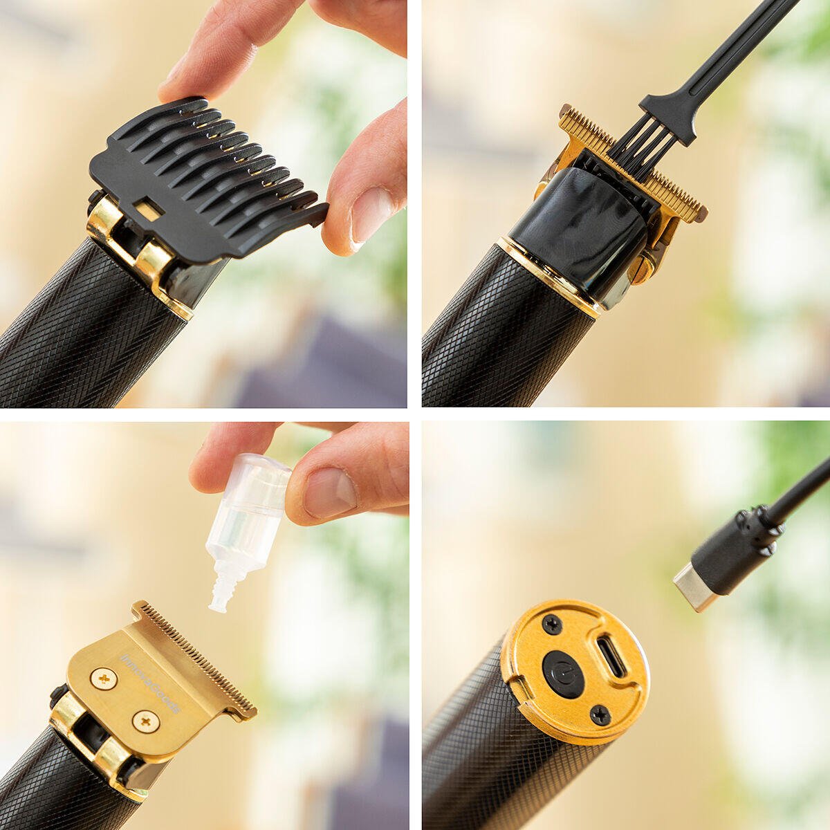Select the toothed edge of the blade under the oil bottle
201,657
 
